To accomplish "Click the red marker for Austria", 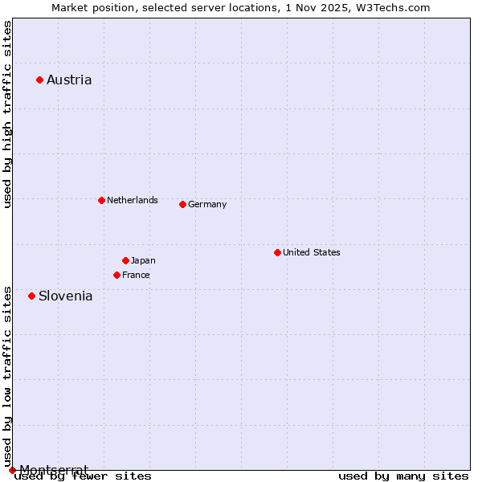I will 39,80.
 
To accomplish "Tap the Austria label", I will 69,80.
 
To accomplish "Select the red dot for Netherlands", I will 101,200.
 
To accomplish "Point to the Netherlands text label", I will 133,200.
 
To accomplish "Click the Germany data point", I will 182,204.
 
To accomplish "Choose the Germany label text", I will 207,204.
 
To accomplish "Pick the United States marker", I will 277,252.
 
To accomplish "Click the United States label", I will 312,252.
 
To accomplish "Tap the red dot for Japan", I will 125,260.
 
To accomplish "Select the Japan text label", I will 143,260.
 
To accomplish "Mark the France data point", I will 116,275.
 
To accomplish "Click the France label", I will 136,275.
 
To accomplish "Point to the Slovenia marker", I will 31,296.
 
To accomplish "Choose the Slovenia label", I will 66,296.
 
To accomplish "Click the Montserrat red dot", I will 12,470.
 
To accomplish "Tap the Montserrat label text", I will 54,469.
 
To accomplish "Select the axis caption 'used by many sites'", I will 403,476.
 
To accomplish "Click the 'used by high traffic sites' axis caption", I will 7,114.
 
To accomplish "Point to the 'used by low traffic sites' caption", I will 7,376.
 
